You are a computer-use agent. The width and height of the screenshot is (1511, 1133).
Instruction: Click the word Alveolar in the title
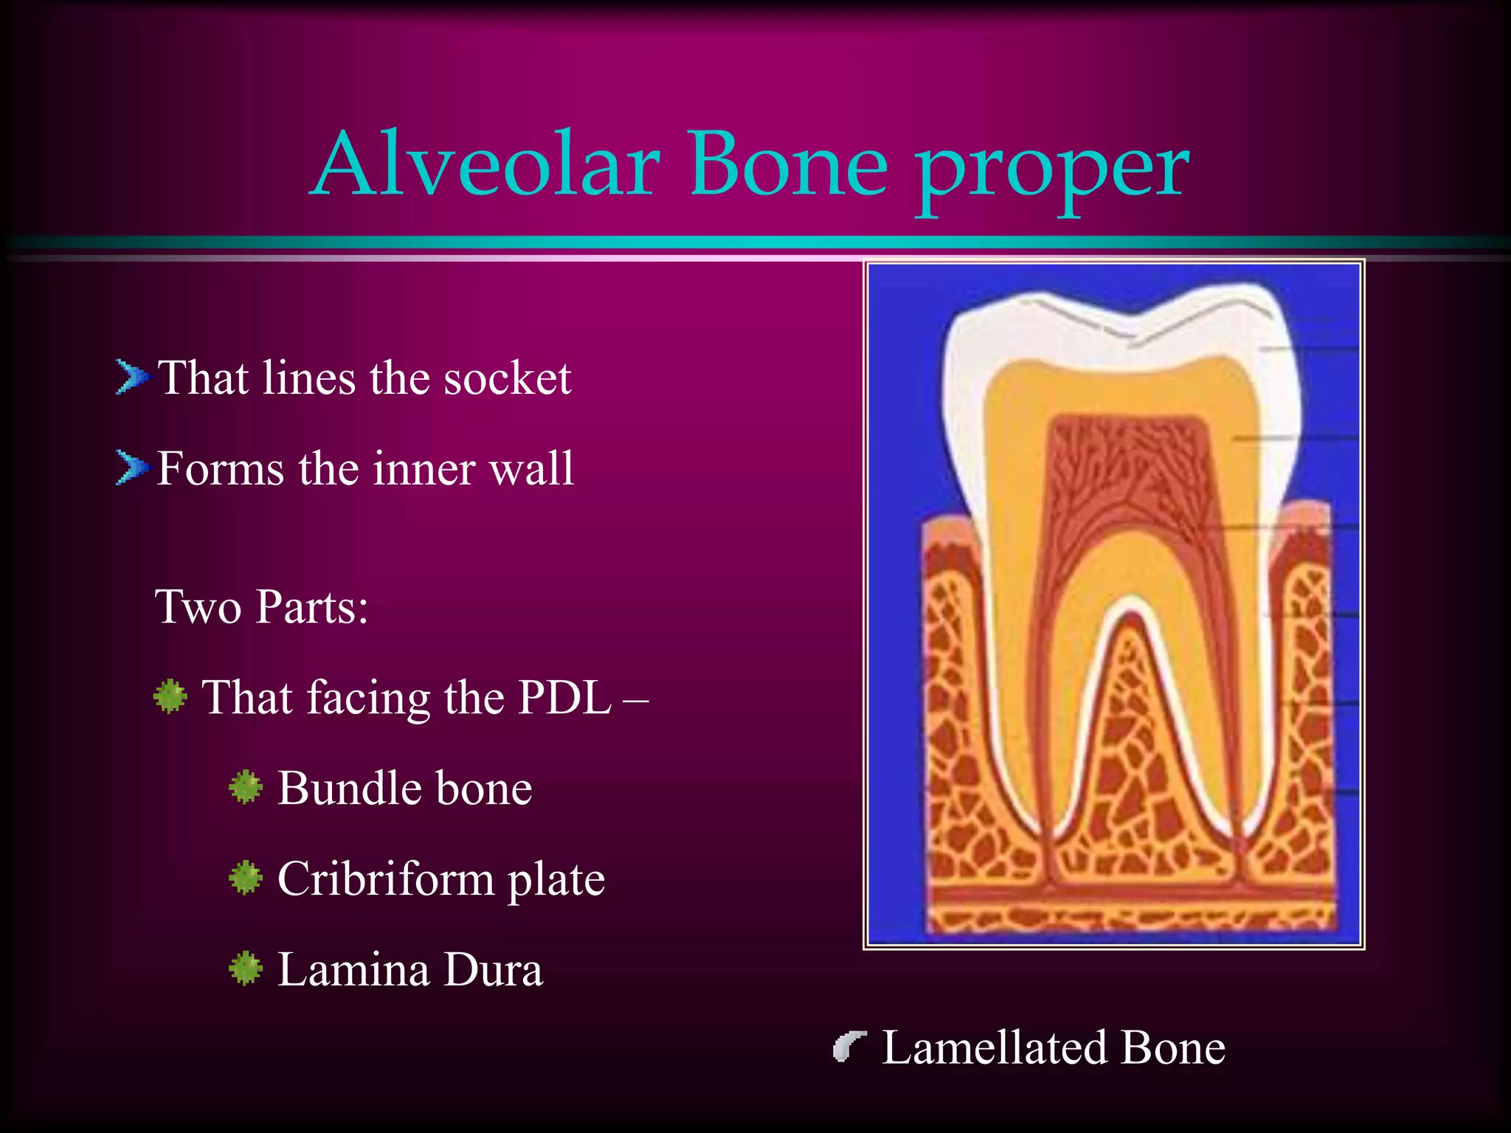click(487, 166)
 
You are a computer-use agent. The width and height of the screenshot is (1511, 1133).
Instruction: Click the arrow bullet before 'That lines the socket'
click(131, 378)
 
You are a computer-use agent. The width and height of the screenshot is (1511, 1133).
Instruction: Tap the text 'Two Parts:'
click(262, 607)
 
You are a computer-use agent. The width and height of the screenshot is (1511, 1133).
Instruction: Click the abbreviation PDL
click(564, 697)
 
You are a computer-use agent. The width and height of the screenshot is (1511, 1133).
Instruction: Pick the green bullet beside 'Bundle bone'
click(246, 787)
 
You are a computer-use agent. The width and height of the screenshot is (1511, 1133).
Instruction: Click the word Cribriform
click(385, 879)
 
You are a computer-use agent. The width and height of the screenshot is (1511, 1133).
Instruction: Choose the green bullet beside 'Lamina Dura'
click(246, 969)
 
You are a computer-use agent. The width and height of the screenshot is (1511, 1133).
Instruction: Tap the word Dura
click(493, 970)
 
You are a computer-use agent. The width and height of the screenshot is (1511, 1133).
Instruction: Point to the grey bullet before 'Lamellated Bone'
click(848, 1047)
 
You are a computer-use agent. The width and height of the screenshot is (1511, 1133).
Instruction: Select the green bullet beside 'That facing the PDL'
click(170, 696)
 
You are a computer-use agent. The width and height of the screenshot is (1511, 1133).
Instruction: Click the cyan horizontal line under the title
click(755, 243)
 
